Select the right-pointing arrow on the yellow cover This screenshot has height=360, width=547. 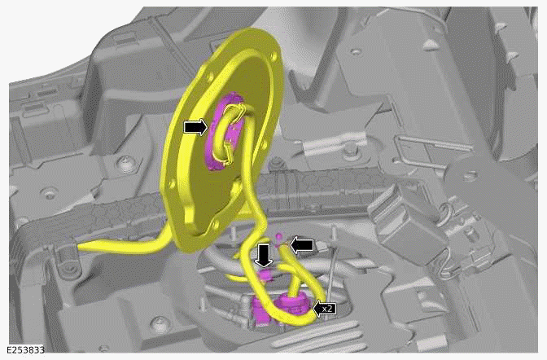click(x=195, y=128)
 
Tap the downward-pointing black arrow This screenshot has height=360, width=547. click(x=264, y=255)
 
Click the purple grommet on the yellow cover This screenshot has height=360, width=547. click(x=224, y=130)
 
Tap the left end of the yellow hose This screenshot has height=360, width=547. click(x=81, y=244)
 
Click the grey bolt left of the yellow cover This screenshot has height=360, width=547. click(x=125, y=169)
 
